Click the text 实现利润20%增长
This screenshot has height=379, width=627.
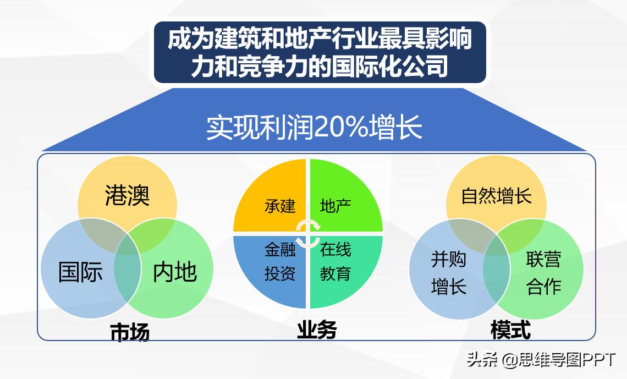[x=314, y=128]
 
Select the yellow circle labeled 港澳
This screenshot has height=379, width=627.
[x=127, y=190]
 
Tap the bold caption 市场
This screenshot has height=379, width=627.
[x=130, y=332]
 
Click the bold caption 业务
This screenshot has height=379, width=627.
[x=317, y=330]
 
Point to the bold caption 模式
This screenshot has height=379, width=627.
[x=510, y=330]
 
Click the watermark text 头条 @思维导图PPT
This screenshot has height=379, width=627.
[x=541, y=360]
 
